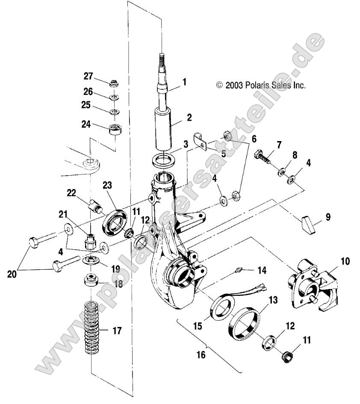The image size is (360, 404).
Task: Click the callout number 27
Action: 88,77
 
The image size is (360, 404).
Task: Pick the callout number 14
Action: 262,270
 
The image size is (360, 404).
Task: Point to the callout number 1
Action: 184,81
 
